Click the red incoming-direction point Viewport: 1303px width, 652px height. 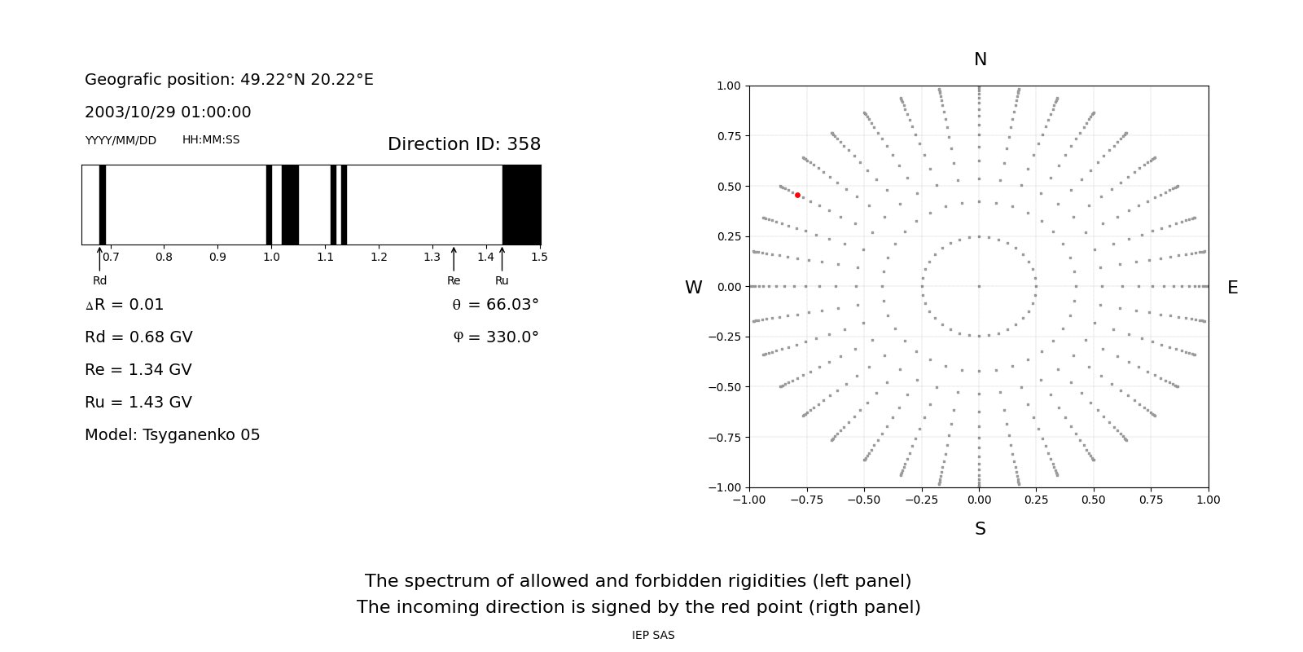(797, 196)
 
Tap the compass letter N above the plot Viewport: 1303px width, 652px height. (980, 59)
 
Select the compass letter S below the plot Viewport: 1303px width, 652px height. (980, 529)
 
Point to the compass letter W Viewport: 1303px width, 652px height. (693, 288)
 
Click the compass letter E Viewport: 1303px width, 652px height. (1232, 288)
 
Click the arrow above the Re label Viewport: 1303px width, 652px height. (454, 258)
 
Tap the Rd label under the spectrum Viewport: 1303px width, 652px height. (99, 281)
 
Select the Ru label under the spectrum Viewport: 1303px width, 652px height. (502, 281)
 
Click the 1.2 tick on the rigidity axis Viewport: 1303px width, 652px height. (379, 258)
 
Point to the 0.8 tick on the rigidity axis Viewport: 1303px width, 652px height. (164, 258)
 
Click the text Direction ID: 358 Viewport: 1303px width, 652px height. (463, 144)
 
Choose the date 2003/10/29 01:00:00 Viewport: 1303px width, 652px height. (168, 112)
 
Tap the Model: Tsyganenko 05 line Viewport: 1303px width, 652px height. (173, 435)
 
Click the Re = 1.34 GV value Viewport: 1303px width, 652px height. (138, 370)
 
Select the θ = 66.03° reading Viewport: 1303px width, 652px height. (495, 305)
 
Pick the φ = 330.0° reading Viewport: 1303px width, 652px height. (496, 337)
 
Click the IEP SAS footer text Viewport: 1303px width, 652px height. (653, 636)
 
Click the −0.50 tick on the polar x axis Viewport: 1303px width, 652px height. (864, 500)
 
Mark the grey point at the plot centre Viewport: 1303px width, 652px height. (979, 286)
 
